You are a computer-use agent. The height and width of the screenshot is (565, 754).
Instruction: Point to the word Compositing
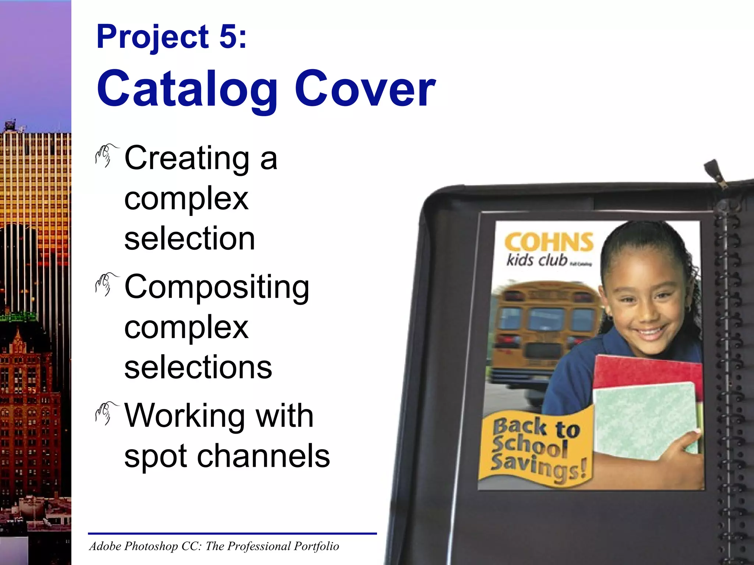(x=217, y=288)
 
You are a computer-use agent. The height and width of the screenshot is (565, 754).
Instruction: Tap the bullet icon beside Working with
(x=105, y=413)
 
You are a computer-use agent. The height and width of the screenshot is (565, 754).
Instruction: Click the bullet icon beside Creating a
(x=105, y=156)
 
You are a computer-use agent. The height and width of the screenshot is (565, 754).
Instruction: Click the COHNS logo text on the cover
(x=549, y=242)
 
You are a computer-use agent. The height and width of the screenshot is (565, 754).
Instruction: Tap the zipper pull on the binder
(x=716, y=173)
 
